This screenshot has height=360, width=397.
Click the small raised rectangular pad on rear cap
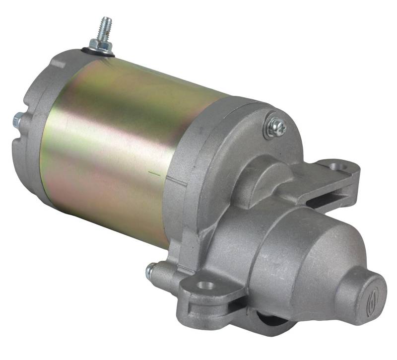(x=58, y=64)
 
